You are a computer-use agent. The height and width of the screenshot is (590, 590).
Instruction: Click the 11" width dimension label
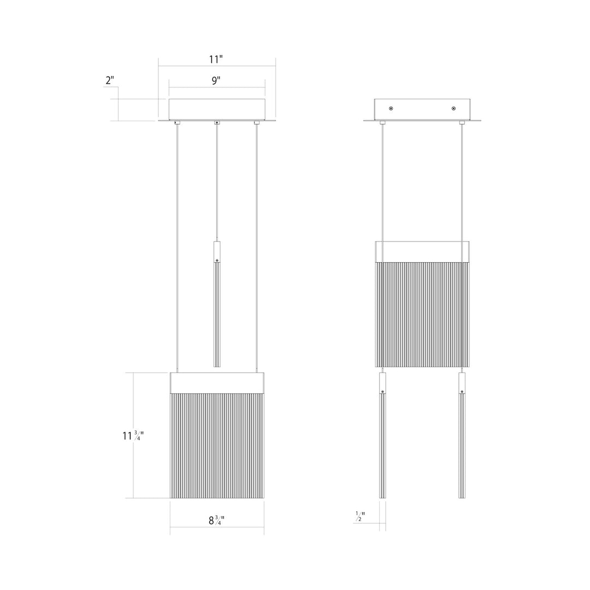(x=216, y=59)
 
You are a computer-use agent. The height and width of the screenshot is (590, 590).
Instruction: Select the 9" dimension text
(x=216, y=80)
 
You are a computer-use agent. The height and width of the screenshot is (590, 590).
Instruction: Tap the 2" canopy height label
(x=110, y=80)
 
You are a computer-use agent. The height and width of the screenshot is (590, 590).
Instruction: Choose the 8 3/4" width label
(x=216, y=521)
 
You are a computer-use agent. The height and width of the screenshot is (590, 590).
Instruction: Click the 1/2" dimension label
(x=360, y=517)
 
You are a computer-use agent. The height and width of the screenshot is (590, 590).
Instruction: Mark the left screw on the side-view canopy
(x=390, y=108)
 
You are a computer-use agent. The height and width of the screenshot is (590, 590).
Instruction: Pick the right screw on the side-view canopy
(x=454, y=108)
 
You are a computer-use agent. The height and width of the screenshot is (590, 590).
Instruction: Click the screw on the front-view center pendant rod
(x=217, y=261)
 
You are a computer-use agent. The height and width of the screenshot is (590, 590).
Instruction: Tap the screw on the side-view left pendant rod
(x=382, y=392)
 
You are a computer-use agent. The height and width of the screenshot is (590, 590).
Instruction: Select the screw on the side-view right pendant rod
(x=462, y=392)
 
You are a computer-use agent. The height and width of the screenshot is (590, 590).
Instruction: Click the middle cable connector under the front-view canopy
(x=217, y=123)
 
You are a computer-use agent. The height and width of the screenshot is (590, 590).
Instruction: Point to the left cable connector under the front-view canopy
(x=176, y=123)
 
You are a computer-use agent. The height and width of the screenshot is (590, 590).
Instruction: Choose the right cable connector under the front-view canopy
(x=257, y=123)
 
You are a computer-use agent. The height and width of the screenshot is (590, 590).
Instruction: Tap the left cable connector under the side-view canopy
(x=382, y=123)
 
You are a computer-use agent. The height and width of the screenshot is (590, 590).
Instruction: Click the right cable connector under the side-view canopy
(x=462, y=123)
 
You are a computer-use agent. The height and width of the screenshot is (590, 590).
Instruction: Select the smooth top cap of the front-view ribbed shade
(x=217, y=382)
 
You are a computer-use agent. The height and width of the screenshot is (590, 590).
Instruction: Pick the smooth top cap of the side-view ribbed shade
(x=422, y=251)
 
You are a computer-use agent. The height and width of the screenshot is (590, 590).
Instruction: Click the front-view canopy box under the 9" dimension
(x=217, y=109)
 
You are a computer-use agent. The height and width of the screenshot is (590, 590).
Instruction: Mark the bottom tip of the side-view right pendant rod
(x=462, y=496)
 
